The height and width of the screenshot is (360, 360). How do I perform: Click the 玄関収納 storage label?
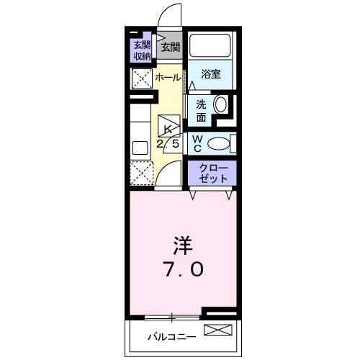pyautogui.click(x=142, y=50)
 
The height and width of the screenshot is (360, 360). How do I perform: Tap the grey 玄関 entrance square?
pyautogui.click(x=170, y=48)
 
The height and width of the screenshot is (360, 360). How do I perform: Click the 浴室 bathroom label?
pyautogui.click(x=210, y=73)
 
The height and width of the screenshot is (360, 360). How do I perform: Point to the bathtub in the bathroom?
pyautogui.click(x=212, y=47)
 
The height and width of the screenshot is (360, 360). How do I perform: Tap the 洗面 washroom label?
pyautogui.click(x=201, y=109)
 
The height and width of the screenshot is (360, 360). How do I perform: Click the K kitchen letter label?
pyautogui.click(x=169, y=128)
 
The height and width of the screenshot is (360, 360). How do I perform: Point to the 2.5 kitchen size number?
pyautogui.click(x=169, y=143)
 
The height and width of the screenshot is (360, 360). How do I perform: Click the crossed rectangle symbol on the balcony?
pyautogui.click(x=219, y=331)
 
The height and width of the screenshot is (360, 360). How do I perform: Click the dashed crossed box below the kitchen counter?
pyautogui.click(x=140, y=173)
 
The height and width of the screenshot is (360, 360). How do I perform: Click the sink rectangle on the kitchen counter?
pyautogui.click(x=139, y=147)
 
